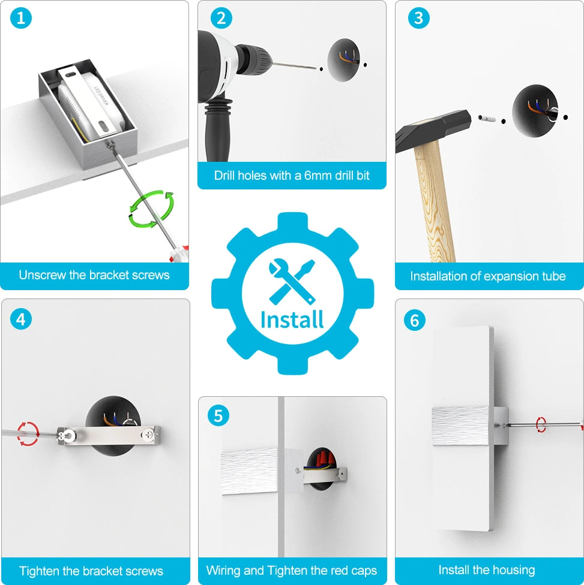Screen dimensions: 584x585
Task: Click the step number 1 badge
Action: [x=21, y=18]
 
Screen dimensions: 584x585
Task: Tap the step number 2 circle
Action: [x=221, y=18]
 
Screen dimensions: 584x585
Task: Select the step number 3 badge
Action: [x=418, y=18]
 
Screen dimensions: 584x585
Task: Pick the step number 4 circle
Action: [x=21, y=319]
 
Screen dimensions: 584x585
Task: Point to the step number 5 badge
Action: [x=218, y=415]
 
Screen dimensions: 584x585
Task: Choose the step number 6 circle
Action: [x=414, y=320]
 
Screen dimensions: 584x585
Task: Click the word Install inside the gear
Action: [x=292, y=319]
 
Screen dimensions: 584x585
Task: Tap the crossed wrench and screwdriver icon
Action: [x=292, y=281]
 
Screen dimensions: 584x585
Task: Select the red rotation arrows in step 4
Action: [x=28, y=433]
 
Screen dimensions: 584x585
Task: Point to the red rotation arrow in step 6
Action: [x=541, y=425]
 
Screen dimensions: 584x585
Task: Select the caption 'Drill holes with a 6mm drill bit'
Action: [x=292, y=176]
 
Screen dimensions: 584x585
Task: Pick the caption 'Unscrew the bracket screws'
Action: [x=94, y=275]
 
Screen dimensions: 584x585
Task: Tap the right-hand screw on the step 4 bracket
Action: [x=148, y=433]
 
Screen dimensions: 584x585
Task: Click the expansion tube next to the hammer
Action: [x=487, y=119]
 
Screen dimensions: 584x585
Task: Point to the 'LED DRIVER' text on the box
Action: [x=101, y=95]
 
